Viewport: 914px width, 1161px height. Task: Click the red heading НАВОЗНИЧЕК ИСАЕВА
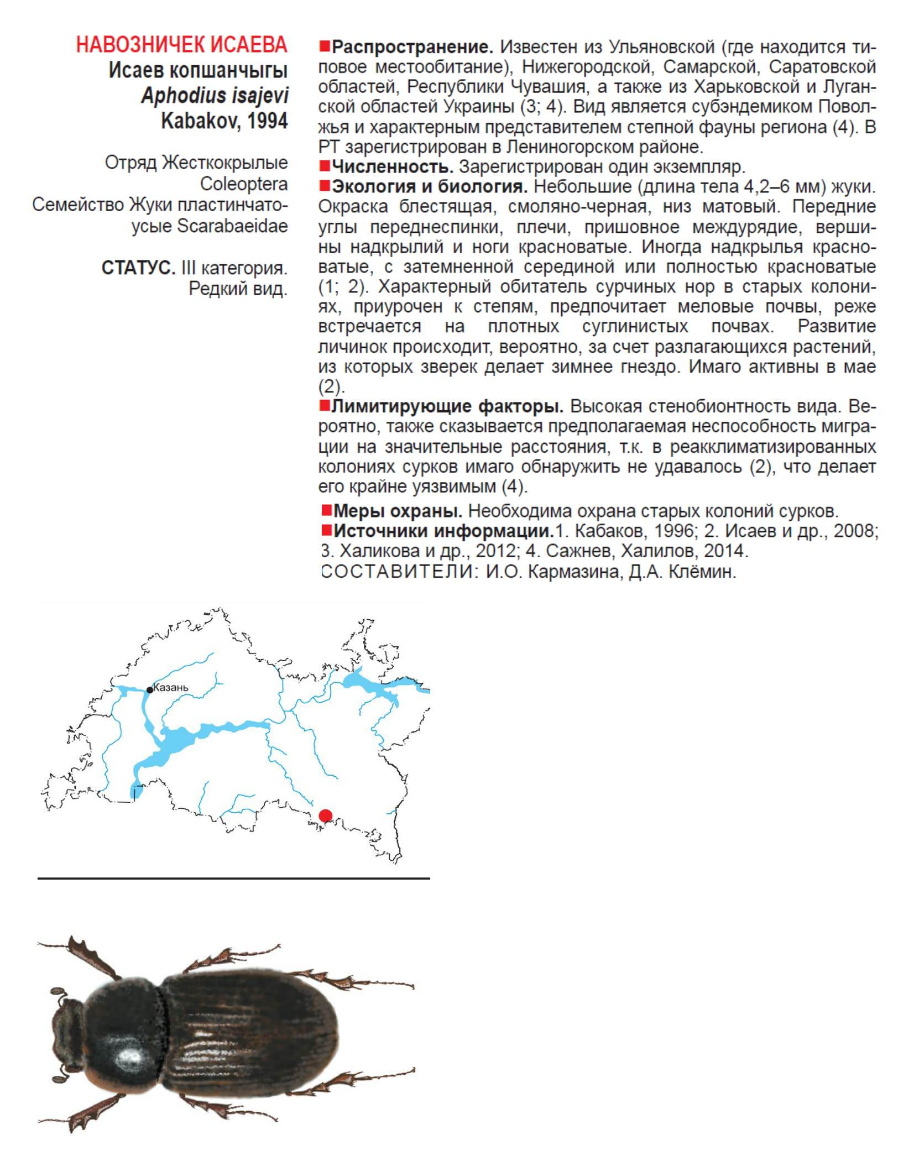(181, 45)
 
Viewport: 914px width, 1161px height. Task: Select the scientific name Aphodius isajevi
(215, 96)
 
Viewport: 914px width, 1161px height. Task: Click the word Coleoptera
(243, 184)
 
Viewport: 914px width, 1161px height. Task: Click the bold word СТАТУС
(138, 268)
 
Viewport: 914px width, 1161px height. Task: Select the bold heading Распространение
(412, 48)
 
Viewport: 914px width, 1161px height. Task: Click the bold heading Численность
(392, 166)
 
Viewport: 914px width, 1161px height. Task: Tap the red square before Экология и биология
(324, 186)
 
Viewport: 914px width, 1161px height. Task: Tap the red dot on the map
(326, 815)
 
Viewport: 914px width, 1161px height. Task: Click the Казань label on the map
(171, 688)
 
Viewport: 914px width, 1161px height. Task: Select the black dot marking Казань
(150, 690)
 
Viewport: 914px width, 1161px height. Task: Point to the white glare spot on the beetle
(129, 1057)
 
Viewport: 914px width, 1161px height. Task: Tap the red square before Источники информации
(326, 531)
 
